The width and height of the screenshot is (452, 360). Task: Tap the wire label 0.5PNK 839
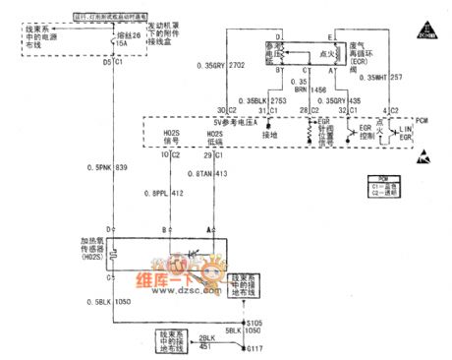80,168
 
